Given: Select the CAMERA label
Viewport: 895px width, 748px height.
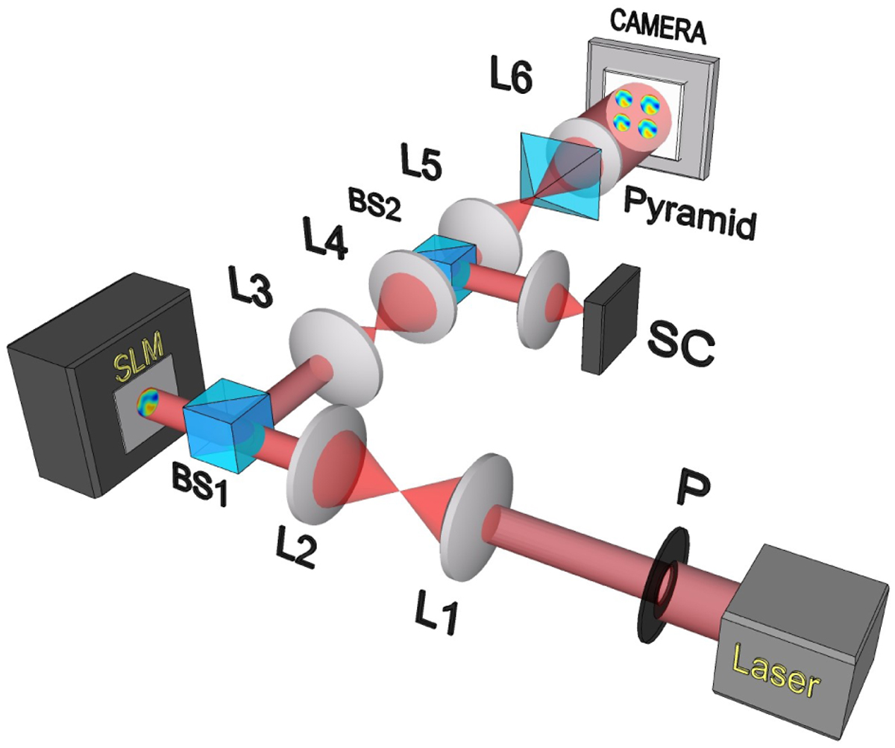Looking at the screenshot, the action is pos(658,28).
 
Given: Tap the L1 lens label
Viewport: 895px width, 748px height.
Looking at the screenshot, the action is pos(436,614).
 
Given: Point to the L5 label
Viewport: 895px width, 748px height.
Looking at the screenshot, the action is pos(421,161).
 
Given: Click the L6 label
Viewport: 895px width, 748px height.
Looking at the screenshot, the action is pos(512,78).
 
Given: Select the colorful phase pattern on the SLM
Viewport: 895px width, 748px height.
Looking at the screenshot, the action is pos(147,401).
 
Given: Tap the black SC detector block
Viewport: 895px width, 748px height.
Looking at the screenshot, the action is pos(611,320).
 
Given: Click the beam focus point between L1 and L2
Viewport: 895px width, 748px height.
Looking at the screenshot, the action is pos(401,491).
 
